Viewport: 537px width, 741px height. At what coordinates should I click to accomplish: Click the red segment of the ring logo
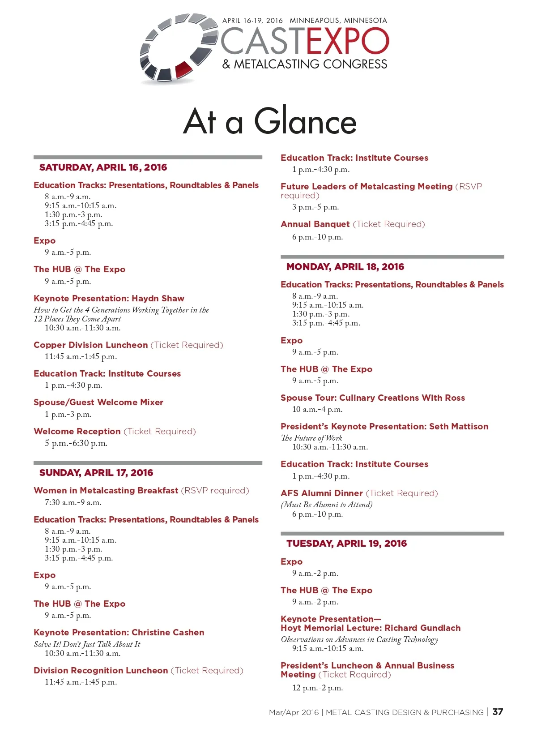(183, 69)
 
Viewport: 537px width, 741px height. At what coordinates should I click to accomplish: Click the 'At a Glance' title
(270, 121)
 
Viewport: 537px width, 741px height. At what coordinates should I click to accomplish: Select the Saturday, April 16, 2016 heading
(103, 167)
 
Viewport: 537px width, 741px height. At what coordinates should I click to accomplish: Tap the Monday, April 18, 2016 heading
(345, 267)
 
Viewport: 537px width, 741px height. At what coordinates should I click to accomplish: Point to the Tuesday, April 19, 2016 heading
(346, 544)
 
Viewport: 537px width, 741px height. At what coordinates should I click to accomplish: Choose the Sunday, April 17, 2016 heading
(96, 473)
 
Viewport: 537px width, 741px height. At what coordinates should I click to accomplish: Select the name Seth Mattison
(459, 427)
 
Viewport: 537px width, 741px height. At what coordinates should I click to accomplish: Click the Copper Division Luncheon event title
(90, 345)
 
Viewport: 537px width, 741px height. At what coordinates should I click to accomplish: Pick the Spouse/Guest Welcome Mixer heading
(98, 403)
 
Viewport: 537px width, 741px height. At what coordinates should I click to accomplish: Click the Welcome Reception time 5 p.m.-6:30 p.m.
(76, 444)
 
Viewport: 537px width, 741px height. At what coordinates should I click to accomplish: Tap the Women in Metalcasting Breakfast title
(106, 491)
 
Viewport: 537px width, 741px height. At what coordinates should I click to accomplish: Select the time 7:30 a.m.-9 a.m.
(73, 502)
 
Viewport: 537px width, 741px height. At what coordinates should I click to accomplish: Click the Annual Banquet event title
(315, 224)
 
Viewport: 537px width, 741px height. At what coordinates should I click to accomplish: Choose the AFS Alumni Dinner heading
(321, 493)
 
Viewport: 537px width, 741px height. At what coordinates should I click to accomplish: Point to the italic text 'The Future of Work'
(311, 438)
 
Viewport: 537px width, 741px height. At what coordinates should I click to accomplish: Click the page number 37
(498, 712)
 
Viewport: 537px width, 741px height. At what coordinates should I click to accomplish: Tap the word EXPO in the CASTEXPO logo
(348, 41)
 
